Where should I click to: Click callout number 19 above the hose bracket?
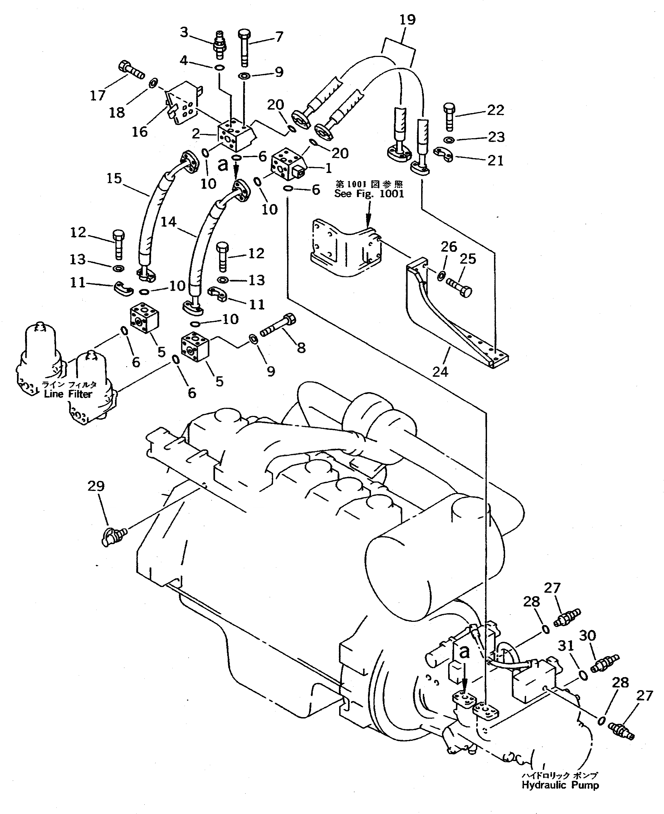[407, 19]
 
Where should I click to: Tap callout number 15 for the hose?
[114, 179]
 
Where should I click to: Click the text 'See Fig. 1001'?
[369, 194]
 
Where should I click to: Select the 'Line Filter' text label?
[68, 394]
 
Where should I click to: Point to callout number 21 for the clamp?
[495, 160]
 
